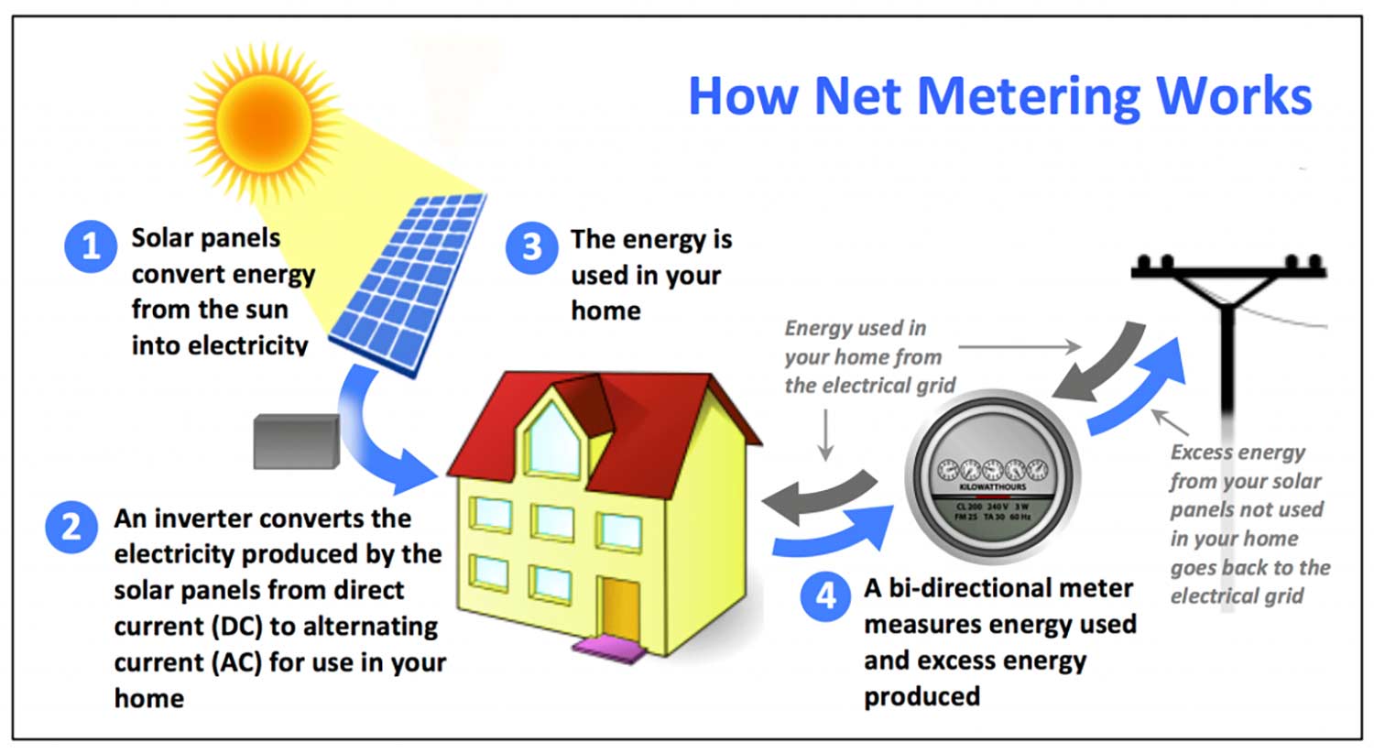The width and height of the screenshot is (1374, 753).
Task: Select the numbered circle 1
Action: (90, 246)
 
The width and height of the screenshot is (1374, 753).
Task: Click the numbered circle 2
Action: (71, 527)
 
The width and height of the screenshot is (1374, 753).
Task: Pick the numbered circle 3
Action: (531, 247)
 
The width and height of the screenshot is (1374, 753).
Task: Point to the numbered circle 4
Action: (825, 595)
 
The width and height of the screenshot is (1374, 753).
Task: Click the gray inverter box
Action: (296, 441)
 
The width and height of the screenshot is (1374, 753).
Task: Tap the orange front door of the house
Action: (619, 608)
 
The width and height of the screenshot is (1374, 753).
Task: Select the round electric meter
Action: (993, 481)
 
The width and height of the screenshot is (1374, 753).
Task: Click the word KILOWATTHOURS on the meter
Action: (992, 486)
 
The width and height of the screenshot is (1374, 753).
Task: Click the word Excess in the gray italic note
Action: (1200, 453)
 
